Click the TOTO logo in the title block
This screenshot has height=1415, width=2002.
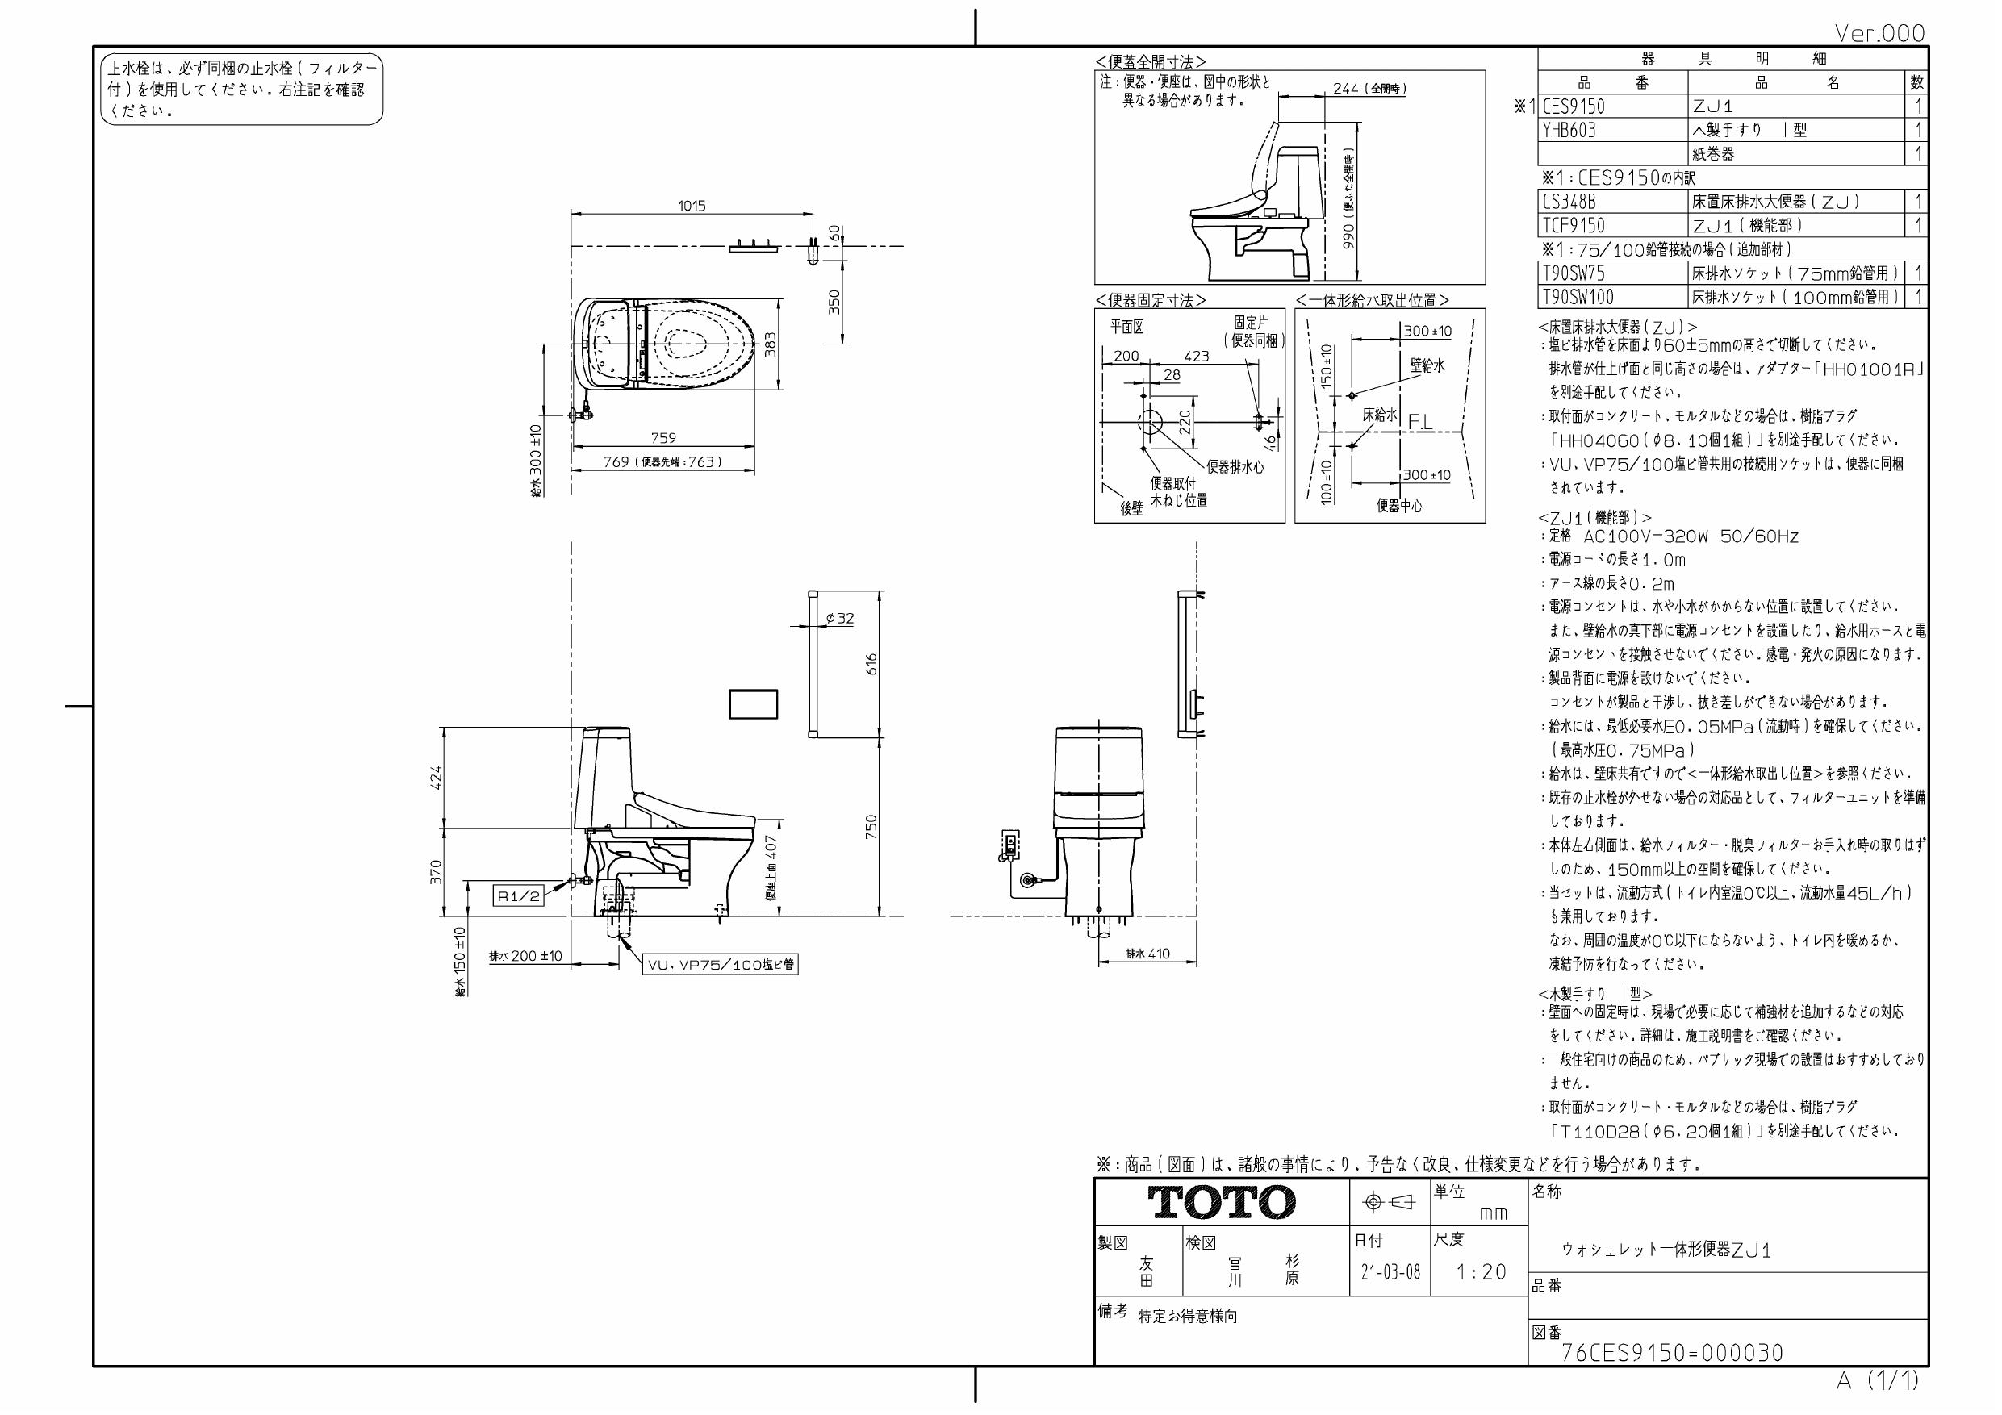(x=1221, y=1202)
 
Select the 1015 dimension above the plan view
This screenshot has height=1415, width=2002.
(x=692, y=207)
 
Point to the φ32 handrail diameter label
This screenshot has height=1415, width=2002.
(x=840, y=618)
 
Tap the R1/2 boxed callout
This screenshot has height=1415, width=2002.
(x=519, y=895)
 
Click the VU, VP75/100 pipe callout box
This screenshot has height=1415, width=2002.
(x=721, y=965)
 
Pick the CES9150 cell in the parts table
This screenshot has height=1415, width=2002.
(x=1574, y=107)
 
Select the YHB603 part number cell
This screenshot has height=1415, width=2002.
(x=1569, y=131)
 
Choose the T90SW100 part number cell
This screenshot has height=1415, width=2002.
(x=1578, y=298)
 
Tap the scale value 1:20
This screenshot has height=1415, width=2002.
(x=1481, y=1272)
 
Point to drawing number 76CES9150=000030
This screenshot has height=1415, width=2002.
(x=1671, y=1352)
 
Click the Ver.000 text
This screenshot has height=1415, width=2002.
(x=1879, y=33)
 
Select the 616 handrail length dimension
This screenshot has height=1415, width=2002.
(x=871, y=665)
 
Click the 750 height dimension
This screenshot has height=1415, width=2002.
(x=871, y=827)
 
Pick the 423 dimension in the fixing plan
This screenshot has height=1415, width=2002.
(x=1197, y=356)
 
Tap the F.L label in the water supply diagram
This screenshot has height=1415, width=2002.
(x=1419, y=422)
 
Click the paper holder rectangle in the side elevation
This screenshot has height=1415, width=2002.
(x=754, y=703)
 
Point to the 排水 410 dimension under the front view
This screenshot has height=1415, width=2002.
(x=1147, y=954)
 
